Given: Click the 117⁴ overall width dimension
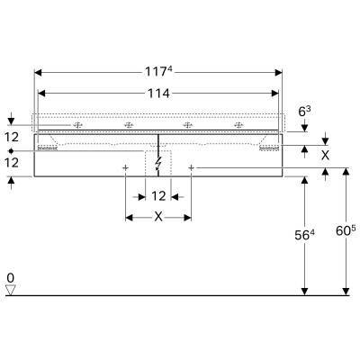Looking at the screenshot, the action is coord(158,72).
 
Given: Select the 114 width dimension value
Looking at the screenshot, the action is coord(158,94).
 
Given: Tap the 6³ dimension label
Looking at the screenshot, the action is coord(304,112).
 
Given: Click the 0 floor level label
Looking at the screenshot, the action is coord(11,278).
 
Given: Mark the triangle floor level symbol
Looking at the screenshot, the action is coord(11,290).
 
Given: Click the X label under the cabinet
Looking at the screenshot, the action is coord(158,217).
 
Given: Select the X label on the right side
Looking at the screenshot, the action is coord(325,155).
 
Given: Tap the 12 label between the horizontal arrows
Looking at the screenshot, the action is coord(158,196).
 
